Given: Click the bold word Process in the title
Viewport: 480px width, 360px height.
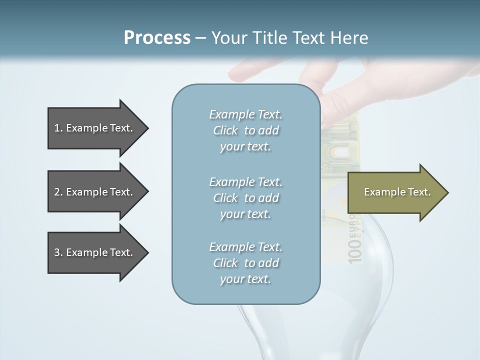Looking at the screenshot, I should tap(157, 38).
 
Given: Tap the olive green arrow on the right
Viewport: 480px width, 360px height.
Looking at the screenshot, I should tap(395, 192).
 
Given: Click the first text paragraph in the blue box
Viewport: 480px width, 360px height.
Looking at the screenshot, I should tap(245, 130).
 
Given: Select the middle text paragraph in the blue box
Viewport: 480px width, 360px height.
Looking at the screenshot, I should tap(245, 198).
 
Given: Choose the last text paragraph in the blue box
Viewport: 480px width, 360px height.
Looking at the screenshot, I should tap(245, 263).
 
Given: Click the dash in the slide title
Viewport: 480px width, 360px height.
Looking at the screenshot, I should tap(200, 38).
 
